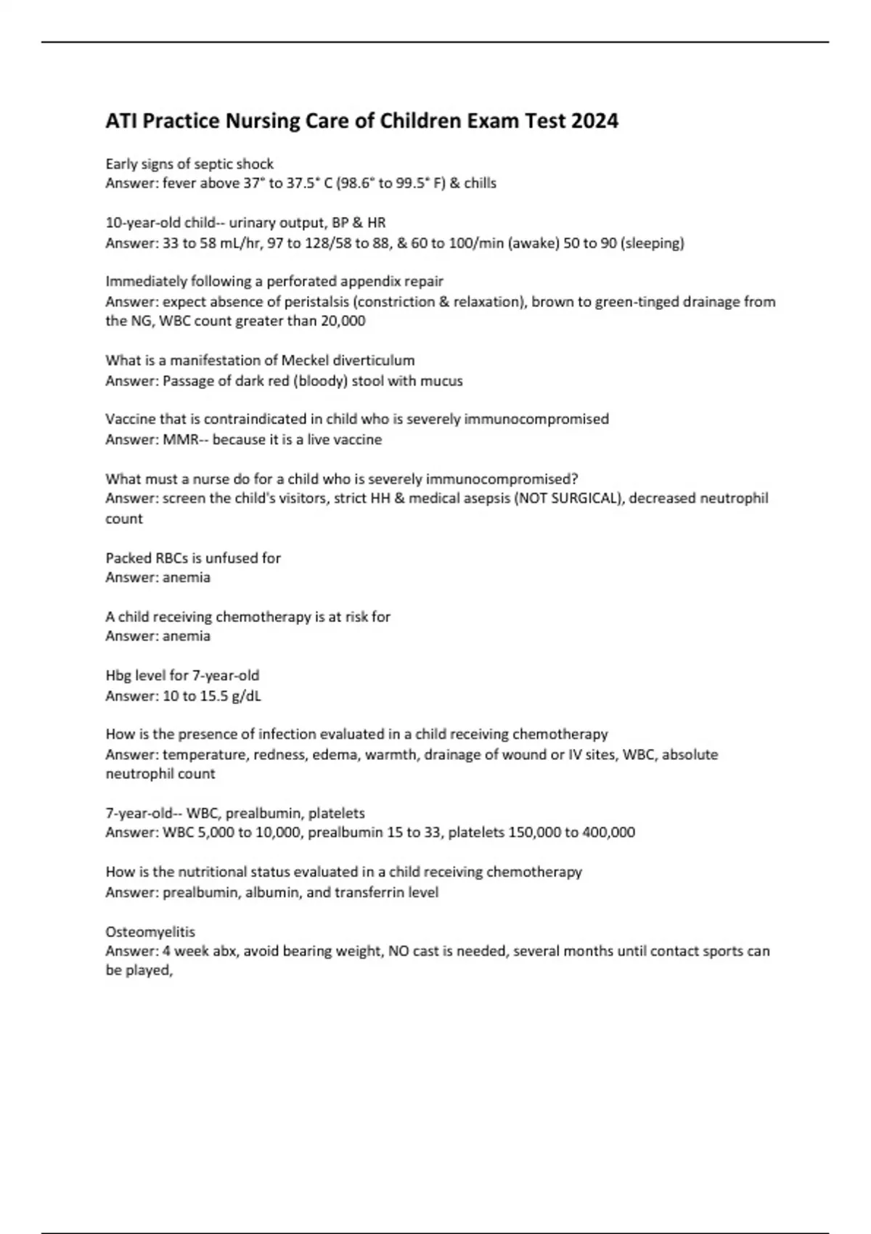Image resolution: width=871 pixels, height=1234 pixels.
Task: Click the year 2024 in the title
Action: coord(594,120)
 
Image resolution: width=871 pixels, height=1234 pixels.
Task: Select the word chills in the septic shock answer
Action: coord(480,183)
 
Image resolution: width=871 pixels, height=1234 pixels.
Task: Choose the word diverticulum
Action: coord(374,360)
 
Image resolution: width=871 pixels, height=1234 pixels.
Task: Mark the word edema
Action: coord(335,754)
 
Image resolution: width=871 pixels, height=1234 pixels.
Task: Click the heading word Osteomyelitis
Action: coord(150,931)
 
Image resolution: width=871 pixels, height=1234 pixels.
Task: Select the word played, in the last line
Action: coord(149,971)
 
